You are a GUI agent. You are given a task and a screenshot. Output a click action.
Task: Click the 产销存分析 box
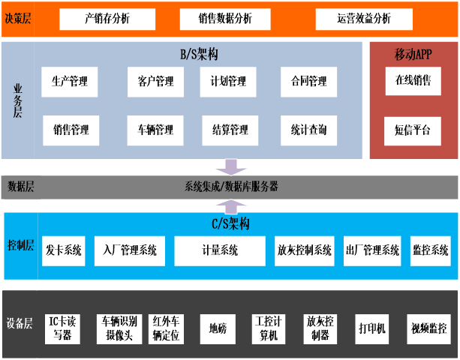(x=107, y=19)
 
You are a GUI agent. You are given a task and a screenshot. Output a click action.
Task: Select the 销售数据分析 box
(x=225, y=19)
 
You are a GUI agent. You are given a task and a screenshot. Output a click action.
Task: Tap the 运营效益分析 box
(x=364, y=19)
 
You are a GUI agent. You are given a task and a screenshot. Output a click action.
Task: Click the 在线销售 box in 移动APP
(x=413, y=81)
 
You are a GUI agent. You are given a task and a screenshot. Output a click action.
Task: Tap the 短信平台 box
(x=413, y=130)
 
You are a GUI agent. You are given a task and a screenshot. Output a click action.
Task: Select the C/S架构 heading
(x=230, y=223)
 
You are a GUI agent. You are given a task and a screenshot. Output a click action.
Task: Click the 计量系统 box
(x=220, y=250)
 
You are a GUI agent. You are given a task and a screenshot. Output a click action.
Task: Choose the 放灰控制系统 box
(x=304, y=250)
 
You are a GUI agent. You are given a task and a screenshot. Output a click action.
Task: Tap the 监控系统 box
(x=430, y=250)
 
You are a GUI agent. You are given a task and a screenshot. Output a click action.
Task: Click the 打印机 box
(x=371, y=328)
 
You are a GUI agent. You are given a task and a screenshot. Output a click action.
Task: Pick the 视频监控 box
(x=428, y=328)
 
